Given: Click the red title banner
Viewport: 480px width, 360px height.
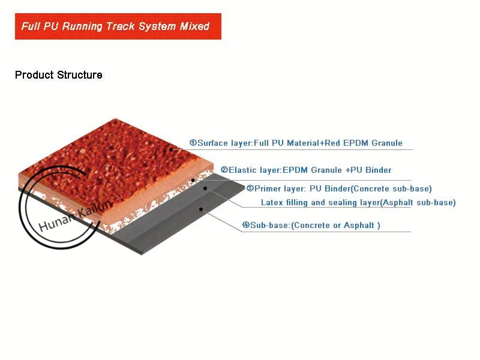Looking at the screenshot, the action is pyautogui.click(x=118, y=26).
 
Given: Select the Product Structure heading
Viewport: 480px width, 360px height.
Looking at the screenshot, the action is pyautogui.click(x=58, y=75).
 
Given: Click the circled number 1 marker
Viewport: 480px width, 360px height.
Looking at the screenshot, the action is pyautogui.click(x=193, y=143).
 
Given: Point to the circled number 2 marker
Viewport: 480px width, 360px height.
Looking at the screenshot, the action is pyautogui.click(x=224, y=170).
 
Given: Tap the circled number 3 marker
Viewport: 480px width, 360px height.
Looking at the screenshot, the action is pyautogui.click(x=250, y=188).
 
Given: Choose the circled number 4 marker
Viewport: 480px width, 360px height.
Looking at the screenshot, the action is pyautogui.click(x=246, y=226).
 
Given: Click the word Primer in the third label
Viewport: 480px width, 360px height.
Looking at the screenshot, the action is pyautogui.click(x=268, y=188).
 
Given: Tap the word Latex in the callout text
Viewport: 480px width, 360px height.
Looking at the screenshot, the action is pyautogui.click(x=272, y=203).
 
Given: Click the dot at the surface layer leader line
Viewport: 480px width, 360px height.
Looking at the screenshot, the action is pyautogui.click(x=171, y=149).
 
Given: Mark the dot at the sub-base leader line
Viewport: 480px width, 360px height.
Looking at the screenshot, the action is pyautogui.click(x=202, y=209).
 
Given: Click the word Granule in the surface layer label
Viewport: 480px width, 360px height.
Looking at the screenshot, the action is pyautogui.click(x=387, y=143).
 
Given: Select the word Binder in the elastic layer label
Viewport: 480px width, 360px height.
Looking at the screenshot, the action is pyautogui.click(x=378, y=170).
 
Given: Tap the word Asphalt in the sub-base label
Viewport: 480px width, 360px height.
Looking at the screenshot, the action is pyautogui.click(x=358, y=226).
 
